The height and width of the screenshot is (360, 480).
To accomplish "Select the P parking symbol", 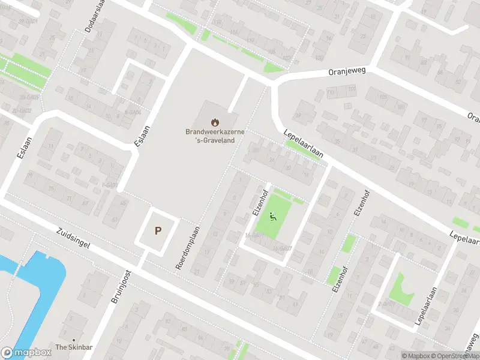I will (x=158, y=230).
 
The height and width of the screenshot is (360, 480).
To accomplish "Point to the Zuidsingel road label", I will (x=73, y=241).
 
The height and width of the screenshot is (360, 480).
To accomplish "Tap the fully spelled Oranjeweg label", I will (x=347, y=71).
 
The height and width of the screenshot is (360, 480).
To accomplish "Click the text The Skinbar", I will (x=74, y=347).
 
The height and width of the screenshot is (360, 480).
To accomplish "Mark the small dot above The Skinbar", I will (x=74, y=339).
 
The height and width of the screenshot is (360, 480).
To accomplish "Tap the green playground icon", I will (x=273, y=217).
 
